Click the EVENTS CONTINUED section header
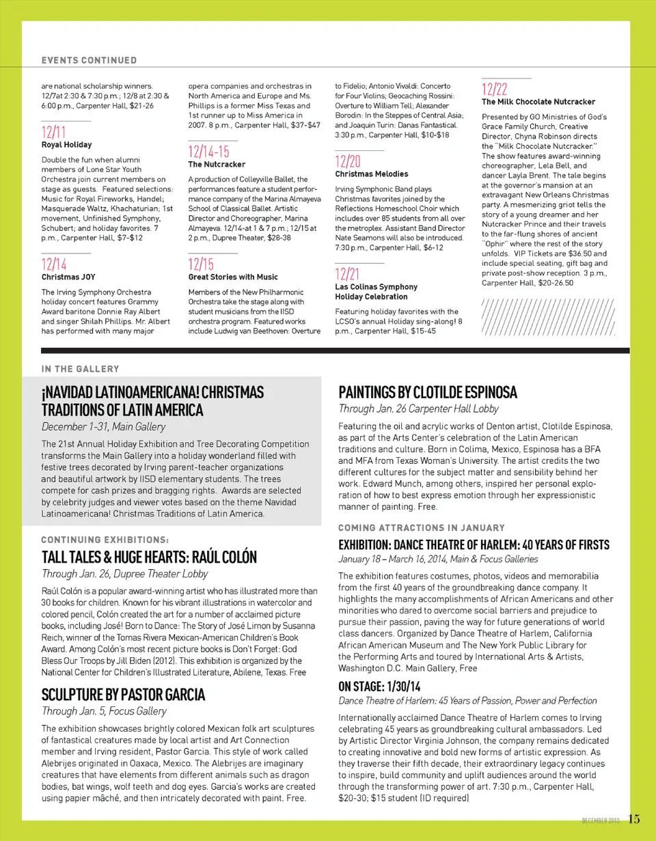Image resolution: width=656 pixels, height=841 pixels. click(89, 60)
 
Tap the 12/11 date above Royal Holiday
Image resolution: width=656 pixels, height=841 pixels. click(54, 132)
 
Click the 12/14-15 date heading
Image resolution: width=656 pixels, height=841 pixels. click(208, 152)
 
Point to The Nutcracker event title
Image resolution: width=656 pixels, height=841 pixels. click(217, 165)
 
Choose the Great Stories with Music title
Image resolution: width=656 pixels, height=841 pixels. click(232, 277)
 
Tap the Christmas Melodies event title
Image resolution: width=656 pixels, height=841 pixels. click(371, 174)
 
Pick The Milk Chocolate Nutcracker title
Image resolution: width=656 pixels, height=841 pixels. click(538, 102)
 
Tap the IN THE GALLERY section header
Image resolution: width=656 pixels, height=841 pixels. click(80, 369)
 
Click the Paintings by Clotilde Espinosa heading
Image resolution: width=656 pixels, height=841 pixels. click(428, 393)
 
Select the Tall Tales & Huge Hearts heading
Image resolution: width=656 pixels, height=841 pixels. click(149, 557)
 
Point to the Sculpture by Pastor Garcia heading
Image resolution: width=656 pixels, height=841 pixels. click(123, 695)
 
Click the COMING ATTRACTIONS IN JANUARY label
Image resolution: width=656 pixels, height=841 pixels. click(421, 528)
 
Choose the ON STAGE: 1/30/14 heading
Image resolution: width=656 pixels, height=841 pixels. click(379, 687)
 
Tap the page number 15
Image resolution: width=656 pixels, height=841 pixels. click(635, 819)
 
